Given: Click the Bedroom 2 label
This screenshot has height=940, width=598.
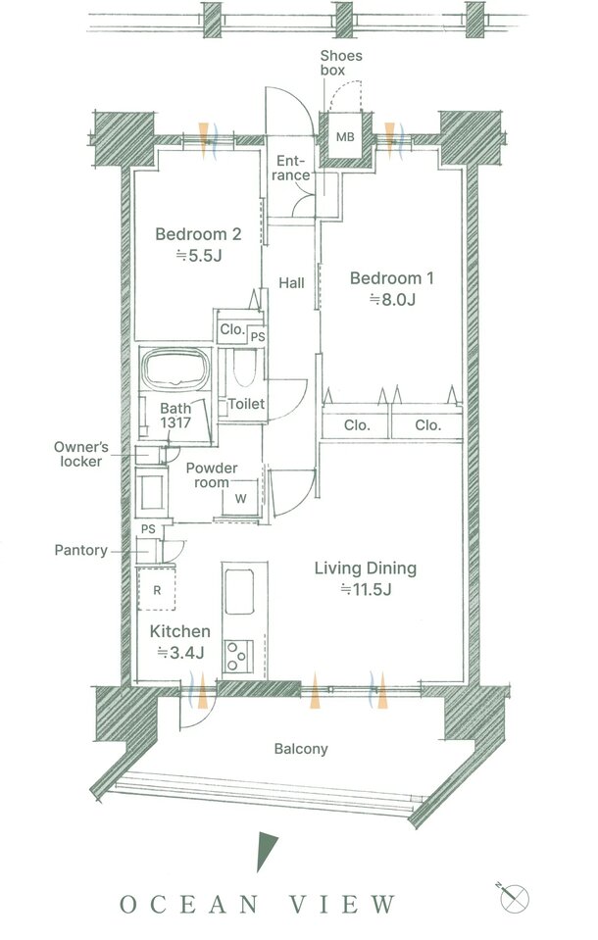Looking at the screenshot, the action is point(198,234).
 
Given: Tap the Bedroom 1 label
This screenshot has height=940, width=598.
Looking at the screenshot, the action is point(392,278).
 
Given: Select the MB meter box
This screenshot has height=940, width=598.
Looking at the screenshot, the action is point(345,137).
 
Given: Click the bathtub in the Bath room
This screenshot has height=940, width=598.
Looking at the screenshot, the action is point(175,368).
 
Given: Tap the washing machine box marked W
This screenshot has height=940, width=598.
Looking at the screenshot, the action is point(240,498).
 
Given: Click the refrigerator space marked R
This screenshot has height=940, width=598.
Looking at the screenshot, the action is point(157,590).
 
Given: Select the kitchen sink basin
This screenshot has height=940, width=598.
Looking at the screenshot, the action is point(239,592).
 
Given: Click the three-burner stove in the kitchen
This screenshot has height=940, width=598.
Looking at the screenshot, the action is point(238,656).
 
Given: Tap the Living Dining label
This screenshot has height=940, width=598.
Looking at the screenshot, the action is point(366,568).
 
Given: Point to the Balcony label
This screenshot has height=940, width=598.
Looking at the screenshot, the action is point(301,749).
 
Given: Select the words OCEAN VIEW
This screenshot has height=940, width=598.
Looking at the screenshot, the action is point(258,905).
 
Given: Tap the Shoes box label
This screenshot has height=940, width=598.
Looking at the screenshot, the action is point(341,63).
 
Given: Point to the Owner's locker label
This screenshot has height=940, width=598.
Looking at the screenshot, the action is point(81,454).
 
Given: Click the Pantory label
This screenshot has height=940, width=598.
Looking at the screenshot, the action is point(81,550).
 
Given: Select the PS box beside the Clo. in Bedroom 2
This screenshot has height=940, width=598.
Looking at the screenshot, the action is point(257,337).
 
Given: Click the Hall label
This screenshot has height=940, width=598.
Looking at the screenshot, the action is point(291,283).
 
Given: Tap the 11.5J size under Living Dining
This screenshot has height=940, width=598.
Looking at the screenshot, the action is point(366,590).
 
